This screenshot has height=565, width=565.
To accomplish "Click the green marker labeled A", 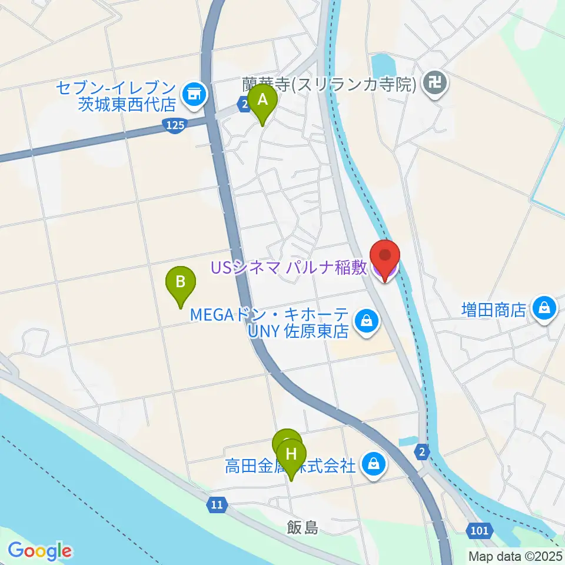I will (262, 101).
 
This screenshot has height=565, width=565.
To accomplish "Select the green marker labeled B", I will (181, 282).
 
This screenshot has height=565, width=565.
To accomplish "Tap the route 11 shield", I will (216, 504).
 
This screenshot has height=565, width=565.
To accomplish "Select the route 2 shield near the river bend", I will (422, 452).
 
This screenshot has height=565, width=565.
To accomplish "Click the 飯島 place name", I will (303, 528).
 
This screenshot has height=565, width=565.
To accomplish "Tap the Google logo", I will (39, 551).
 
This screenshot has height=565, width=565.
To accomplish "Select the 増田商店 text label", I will (493, 310).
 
